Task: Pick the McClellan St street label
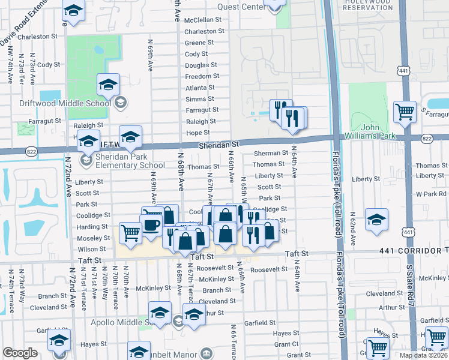point(203,20)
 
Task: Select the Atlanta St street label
point(200,88)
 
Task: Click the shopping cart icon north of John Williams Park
point(405,111)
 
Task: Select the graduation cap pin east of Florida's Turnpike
point(376,219)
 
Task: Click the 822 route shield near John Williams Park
point(426,139)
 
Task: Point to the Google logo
point(20,353)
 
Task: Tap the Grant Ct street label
point(286,344)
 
